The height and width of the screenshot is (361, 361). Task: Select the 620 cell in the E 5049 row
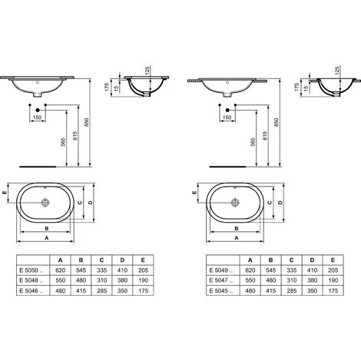tap(250, 270)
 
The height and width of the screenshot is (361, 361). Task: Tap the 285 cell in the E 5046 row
tap(101, 290)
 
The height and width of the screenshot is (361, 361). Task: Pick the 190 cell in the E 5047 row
tap(333, 280)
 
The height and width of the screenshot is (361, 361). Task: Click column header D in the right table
tap(312, 260)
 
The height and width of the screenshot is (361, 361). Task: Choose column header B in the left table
tap(81, 260)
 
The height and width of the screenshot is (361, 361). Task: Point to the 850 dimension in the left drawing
tap(86, 122)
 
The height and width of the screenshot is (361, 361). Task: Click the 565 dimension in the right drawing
tap(252, 142)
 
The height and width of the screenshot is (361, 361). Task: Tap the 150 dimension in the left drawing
tap(38, 118)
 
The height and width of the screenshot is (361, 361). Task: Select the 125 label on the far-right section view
tap(337, 71)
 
